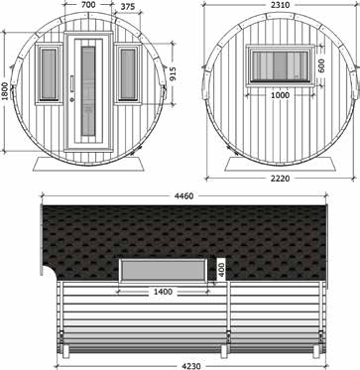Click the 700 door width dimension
point(88,5)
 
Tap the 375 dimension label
point(128,7)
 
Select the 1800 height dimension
point(4,91)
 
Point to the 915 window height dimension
point(172,73)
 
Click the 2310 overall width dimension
point(281,5)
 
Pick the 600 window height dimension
point(322,65)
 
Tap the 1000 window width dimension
point(280,95)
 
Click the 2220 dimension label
point(280,179)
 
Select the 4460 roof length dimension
point(183,195)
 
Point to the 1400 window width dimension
point(163,292)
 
